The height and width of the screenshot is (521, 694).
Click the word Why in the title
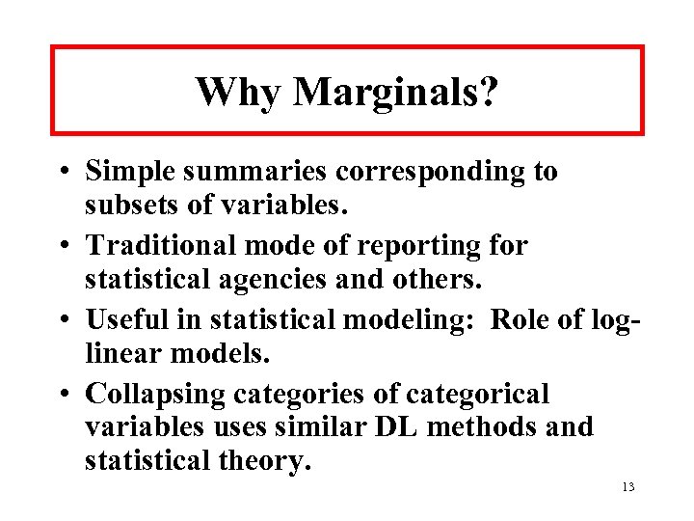point(237,93)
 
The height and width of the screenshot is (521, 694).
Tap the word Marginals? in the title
point(395,93)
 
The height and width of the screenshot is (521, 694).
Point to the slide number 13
point(627,486)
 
